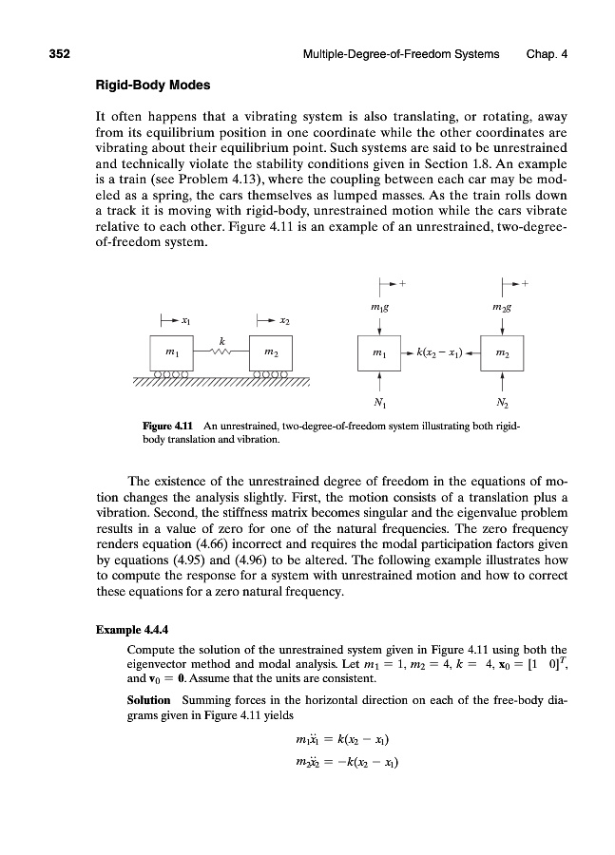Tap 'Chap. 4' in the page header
point(547,54)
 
